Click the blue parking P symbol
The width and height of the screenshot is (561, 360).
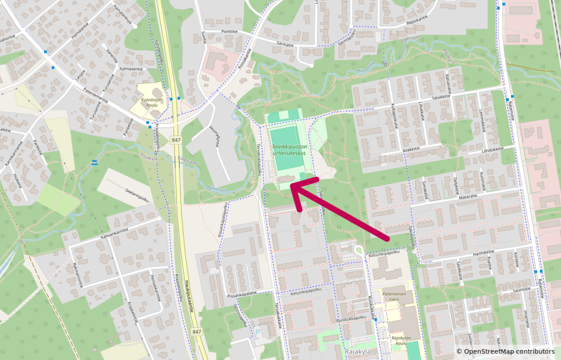pos(258,332)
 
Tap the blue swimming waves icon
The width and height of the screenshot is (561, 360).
pos(95,162)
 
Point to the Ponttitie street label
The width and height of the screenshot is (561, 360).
pos(229,31)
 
